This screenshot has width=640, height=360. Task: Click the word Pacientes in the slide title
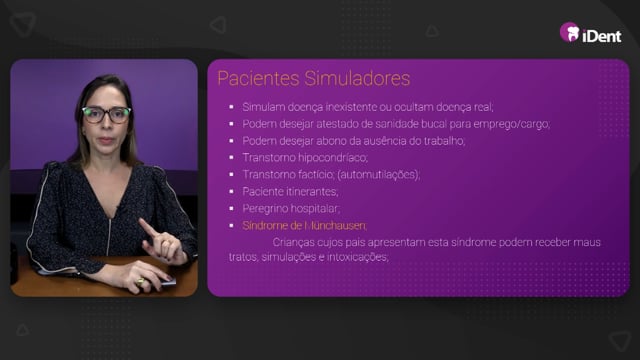[x=258, y=78]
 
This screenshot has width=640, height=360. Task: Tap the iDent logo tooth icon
[x=569, y=32]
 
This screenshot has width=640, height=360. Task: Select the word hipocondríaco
[x=333, y=158]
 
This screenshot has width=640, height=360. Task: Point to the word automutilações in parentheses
[x=378, y=175]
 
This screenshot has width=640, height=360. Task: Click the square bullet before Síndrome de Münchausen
[x=232, y=225]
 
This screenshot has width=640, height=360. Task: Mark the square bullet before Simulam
[x=232, y=107]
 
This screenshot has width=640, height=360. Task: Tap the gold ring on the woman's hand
[x=140, y=282]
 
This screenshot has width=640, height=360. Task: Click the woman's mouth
[x=106, y=140]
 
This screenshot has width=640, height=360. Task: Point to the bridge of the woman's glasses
[x=107, y=112]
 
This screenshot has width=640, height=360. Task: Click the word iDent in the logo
[x=602, y=36]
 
